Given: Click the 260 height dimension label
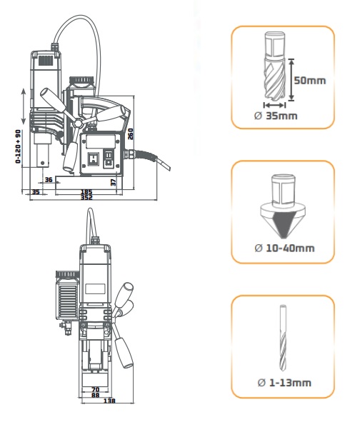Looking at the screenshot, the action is (130, 134).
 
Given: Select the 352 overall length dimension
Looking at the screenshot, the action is (86, 197).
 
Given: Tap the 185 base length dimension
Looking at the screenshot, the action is (86, 192).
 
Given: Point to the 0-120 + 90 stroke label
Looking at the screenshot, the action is (19, 146).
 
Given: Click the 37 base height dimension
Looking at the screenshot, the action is (114, 183).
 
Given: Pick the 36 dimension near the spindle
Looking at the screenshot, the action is (49, 180).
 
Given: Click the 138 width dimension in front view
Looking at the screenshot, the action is (109, 401).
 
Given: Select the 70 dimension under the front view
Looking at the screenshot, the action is (96, 390).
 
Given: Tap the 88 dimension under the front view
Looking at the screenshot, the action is (96, 395).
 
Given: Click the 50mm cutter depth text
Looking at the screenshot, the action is (310, 81).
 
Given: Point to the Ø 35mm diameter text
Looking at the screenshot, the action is (276, 116).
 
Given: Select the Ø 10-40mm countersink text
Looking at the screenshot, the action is (284, 248).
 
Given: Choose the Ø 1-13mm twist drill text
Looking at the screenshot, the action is (284, 383).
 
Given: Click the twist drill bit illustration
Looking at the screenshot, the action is (283, 338).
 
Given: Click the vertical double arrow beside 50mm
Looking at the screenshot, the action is (291, 80).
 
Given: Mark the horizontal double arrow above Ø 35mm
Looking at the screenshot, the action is (274, 105).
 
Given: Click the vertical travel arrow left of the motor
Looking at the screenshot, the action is (24, 106).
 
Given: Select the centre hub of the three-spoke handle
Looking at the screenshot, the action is (79, 123).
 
